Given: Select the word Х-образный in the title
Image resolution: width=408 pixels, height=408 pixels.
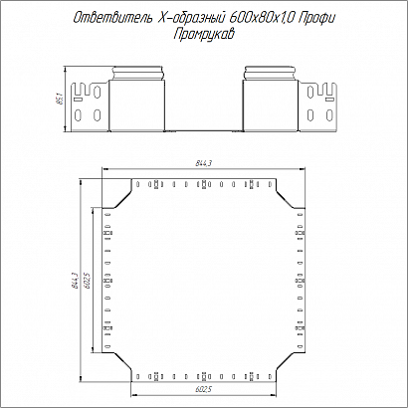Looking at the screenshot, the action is click(190, 18).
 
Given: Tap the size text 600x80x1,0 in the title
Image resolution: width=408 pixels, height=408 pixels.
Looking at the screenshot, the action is click(262, 18).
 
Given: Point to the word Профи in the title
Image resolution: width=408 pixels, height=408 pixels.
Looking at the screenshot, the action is click(316, 18).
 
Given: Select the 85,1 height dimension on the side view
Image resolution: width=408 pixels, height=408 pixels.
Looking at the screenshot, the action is click(60, 99).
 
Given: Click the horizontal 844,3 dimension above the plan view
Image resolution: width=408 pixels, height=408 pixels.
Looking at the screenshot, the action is click(204, 163).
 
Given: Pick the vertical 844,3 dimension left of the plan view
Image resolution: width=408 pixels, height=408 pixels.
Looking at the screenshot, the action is click(75, 281).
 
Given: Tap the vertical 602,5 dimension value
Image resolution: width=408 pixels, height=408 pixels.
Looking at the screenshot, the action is click(88, 281).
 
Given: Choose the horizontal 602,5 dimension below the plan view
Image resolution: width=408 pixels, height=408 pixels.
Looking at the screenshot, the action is click(204, 389).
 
